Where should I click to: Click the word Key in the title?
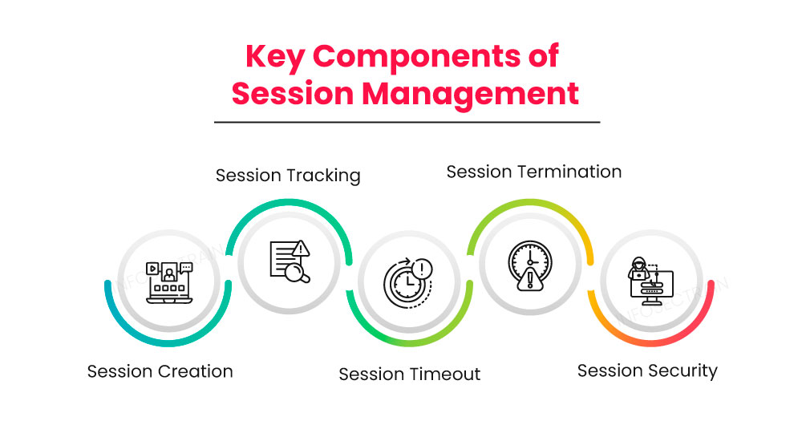pyautogui.click(x=275, y=58)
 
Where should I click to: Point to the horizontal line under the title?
pyautogui.click(x=407, y=122)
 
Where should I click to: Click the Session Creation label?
pyautogui.click(x=160, y=371)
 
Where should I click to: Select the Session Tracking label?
pyautogui.click(x=288, y=175)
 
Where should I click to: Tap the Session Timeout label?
pyautogui.click(x=409, y=374)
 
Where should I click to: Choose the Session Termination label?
pyautogui.click(x=533, y=172)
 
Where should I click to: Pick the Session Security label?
pyautogui.click(x=647, y=370)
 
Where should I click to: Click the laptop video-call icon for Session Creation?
pyautogui.click(x=168, y=281)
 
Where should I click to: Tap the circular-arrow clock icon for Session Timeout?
pyautogui.click(x=408, y=282)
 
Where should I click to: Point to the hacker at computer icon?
pyautogui.click(x=650, y=281)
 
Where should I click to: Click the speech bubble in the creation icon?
pyautogui.click(x=186, y=268)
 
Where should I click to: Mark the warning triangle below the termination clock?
pyautogui.click(x=529, y=281)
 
